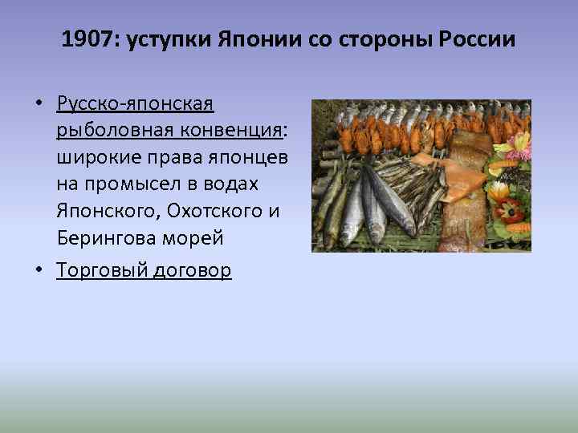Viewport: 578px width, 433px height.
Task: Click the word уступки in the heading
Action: click(166, 41)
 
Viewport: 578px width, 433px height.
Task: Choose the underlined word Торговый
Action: click(102, 271)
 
